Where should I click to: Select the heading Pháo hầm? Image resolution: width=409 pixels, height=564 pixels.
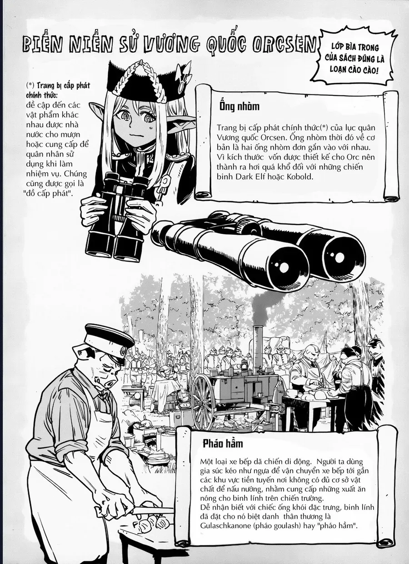coord(223,443)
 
